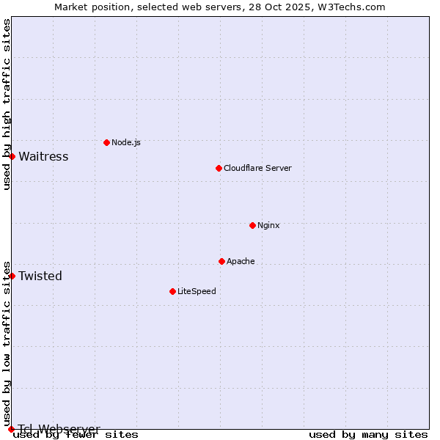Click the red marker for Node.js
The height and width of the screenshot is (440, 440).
(106, 142)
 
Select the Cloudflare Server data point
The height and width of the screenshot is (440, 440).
(219, 168)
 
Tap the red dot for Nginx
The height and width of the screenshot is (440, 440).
(252, 225)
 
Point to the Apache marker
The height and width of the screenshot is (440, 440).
(221, 261)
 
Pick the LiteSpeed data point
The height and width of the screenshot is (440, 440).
(172, 291)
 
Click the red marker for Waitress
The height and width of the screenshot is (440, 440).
(12, 156)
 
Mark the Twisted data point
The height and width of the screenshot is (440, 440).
(12, 276)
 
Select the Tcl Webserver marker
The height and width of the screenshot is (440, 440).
(11, 429)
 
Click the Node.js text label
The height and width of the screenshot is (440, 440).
(126, 142)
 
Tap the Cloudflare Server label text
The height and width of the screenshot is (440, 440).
(257, 168)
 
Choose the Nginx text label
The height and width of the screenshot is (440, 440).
(268, 225)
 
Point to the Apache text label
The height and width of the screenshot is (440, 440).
(241, 261)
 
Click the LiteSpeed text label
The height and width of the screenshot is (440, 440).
(197, 291)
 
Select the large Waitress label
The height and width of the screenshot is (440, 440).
(43, 156)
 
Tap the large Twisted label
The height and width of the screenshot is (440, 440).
(40, 276)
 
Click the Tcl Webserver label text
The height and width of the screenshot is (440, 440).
(59, 429)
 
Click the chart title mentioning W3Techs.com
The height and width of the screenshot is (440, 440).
(220, 7)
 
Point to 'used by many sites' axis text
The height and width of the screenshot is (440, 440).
(368, 434)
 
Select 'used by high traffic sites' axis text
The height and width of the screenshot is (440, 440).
(7, 105)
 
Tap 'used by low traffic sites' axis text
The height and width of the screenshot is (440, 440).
(7, 343)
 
